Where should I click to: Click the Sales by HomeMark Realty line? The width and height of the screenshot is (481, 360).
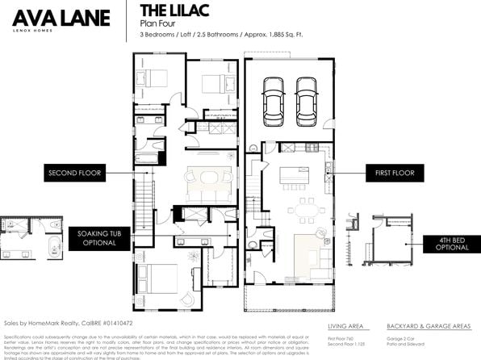click(56, 322)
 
